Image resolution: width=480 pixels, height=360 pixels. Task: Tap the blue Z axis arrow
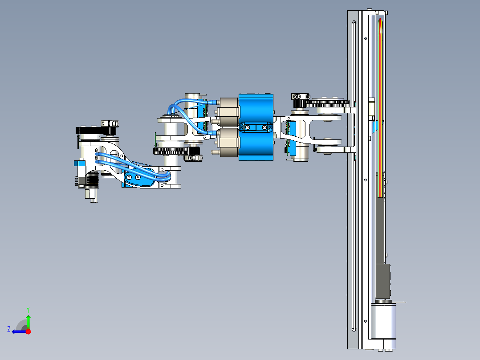19,331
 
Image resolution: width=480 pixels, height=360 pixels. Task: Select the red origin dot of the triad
28,331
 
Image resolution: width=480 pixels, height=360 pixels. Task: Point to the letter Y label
28,309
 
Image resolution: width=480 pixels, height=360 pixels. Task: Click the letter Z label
9,329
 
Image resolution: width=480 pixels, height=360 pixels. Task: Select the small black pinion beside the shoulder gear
300,104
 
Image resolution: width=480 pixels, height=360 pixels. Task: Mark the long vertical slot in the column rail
354,178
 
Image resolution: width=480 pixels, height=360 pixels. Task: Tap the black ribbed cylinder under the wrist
92,181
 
